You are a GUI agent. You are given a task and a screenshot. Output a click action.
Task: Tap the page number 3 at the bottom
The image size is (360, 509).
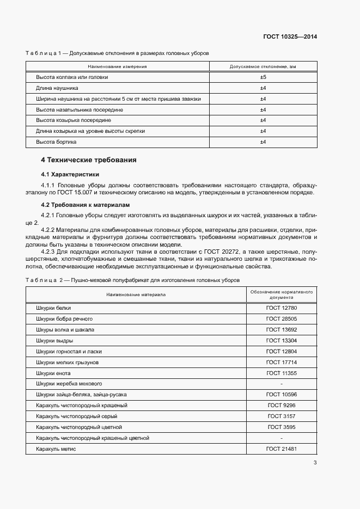[x=315, y=463]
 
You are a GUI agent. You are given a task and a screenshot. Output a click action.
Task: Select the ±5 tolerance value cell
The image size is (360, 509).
[x=263, y=77]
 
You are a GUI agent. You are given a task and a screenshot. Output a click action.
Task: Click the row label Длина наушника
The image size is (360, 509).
[x=57, y=88]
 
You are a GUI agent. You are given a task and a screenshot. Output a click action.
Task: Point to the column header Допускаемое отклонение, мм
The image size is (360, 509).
[x=263, y=66]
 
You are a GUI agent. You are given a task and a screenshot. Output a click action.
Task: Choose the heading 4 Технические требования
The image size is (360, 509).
[x=89, y=160]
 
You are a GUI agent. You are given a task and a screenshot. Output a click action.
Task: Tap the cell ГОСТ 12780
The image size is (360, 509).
[x=281, y=308]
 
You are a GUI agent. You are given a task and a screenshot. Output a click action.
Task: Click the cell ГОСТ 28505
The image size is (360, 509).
[x=281, y=319]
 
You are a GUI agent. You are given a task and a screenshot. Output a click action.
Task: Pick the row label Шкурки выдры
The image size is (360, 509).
[x=55, y=341]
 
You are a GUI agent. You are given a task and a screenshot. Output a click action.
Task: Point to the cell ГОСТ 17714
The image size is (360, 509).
[x=281, y=363]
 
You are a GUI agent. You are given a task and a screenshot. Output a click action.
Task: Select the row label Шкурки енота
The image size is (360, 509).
[x=53, y=373]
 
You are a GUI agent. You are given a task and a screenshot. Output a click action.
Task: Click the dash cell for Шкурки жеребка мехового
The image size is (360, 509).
[x=281, y=384]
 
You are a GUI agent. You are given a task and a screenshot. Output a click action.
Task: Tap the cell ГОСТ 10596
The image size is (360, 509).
[x=281, y=395]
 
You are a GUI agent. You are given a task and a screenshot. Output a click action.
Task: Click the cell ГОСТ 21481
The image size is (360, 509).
[x=281, y=449]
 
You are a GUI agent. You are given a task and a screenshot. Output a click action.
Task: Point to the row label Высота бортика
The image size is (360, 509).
[x=56, y=142]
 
